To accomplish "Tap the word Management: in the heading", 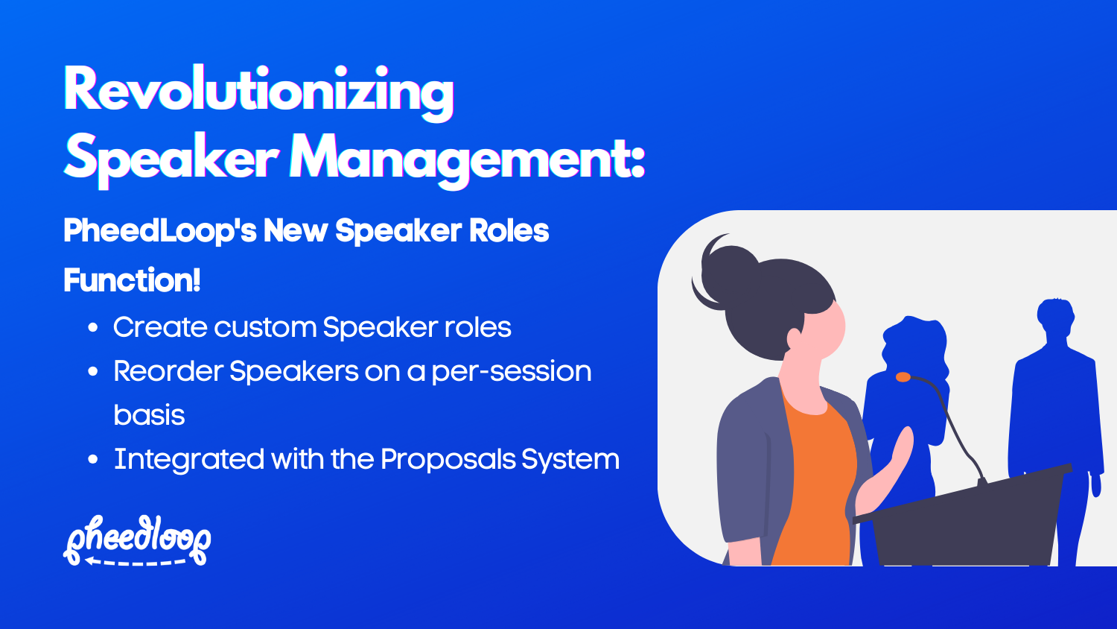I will coord(467,159).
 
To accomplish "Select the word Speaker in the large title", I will coord(171,159).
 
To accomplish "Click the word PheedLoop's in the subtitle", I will coord(160,231).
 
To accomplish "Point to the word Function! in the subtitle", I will coord(132,281).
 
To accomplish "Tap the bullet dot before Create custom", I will coord(93,329).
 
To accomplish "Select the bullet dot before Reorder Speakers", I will coord(93,372).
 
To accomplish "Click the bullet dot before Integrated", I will coord(93,460).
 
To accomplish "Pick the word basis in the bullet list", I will coord(149,415).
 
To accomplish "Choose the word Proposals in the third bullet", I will coord(448,460).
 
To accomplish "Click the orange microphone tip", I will coord(903,377).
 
